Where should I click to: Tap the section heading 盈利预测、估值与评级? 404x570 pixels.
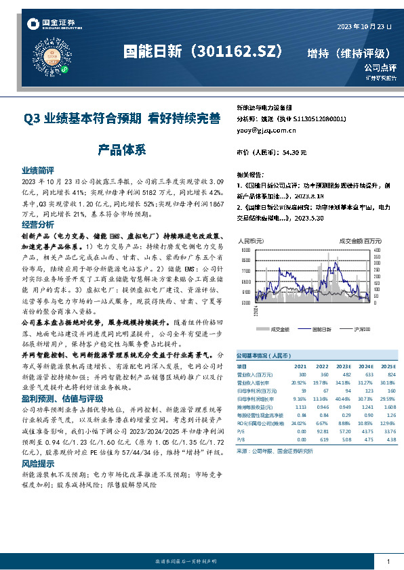(x=53, y=398)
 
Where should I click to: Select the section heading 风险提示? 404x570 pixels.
(x=38, y=464)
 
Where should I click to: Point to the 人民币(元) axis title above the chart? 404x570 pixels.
(x=251, y=240)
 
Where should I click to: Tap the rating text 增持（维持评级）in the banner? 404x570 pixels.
(x=348, y=53)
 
